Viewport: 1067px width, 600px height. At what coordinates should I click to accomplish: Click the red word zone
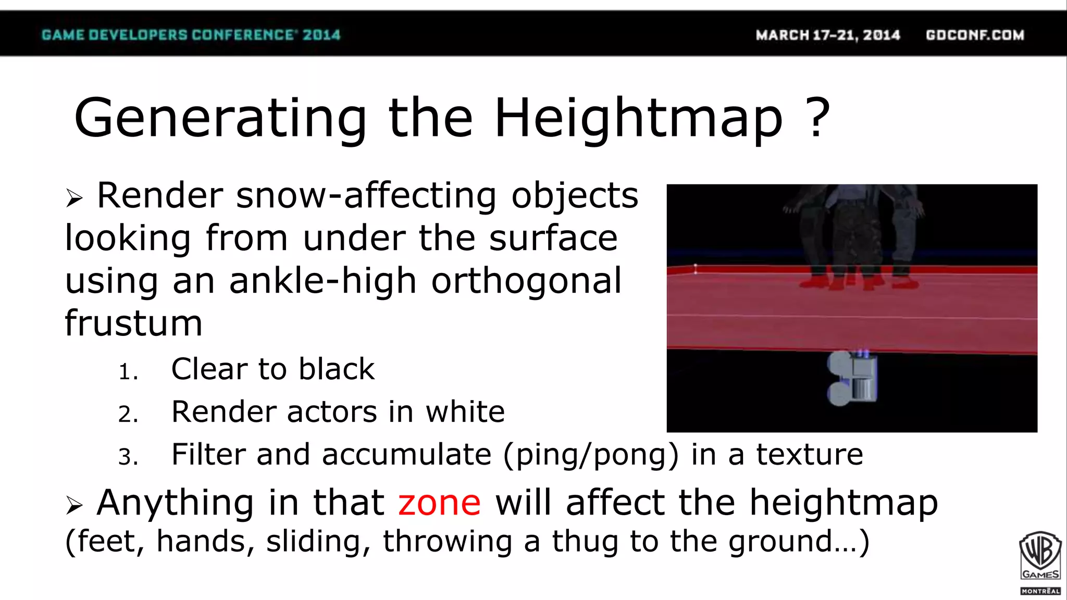tap(439, 504)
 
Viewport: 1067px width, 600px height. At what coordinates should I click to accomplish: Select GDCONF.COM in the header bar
tap(975, 35)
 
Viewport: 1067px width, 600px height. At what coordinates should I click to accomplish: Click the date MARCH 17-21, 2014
tap(828, 35)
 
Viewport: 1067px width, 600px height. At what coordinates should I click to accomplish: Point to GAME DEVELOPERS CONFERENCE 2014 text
tap(191, 35)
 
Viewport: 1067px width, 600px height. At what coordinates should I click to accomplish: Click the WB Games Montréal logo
tap(1040, 562)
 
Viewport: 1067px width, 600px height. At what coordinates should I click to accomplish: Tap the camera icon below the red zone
tap(852, 378)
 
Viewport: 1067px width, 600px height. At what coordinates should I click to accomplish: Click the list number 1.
tap(128, 372)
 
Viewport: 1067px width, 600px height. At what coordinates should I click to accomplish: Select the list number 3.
tap(128, 457)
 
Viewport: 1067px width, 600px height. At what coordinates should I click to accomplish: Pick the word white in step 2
tap(465, 412)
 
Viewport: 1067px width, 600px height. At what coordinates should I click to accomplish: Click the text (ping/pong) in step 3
tap(591, 455)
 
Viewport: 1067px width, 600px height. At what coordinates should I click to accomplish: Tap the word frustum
tap(133, 323)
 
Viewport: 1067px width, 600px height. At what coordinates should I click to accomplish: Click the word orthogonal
tap(526, 281)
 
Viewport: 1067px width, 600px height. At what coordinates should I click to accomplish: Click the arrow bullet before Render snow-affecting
tap(74, 198)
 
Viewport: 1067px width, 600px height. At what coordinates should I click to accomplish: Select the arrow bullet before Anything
tap(74, 505)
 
